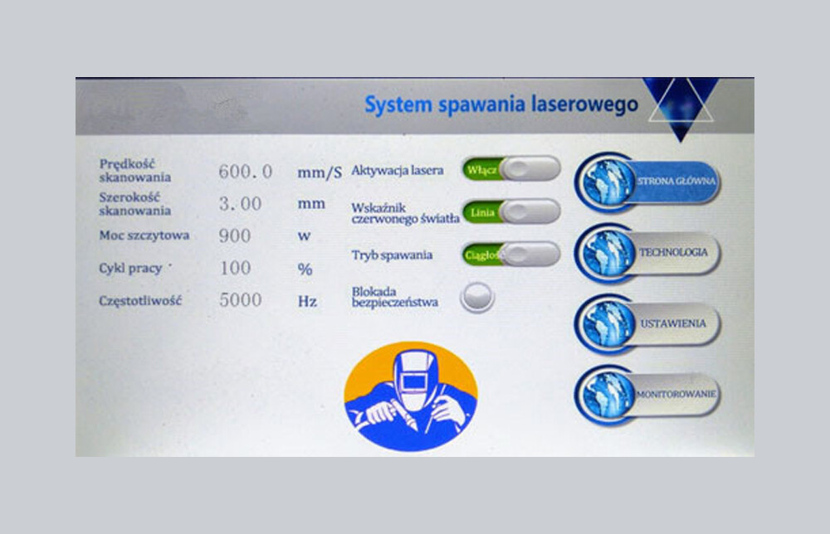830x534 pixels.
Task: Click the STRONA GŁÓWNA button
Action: pos(647,182)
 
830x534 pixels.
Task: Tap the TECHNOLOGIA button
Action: pos(647,253)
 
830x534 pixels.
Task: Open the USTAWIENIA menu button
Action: pos(647,323)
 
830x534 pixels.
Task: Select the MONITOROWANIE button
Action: pos(647,395)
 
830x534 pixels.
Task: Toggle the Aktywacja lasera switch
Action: pos(510,169)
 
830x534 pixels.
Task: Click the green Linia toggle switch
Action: pos(510,212)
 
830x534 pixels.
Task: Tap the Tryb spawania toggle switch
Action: pos(510,255)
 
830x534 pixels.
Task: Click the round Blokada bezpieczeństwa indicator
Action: pos(477,297)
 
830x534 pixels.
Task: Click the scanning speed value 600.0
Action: pos(245,172)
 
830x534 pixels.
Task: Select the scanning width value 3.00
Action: pos(240,203)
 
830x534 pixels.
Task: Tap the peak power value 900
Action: pos(235,235)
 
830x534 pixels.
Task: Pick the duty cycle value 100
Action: pos(235,268)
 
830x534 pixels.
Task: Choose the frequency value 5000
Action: pos(241,300)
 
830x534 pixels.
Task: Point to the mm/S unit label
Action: pos(320,172)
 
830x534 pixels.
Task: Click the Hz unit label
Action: pos(307,301)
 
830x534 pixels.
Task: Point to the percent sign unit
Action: pos(305,269)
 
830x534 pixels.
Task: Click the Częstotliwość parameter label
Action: pos(140,301)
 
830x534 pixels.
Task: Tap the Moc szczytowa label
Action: pos(144,235)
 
